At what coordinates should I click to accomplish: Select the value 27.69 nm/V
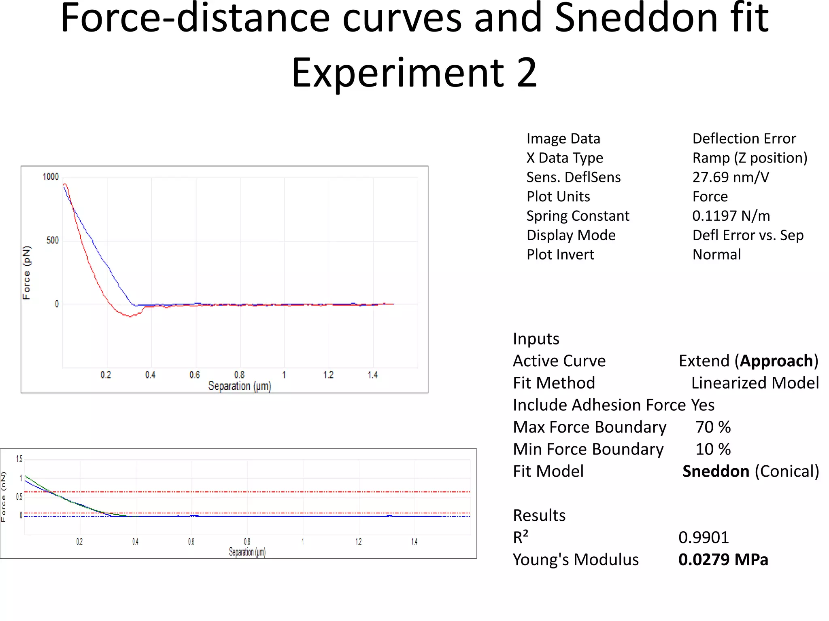730,177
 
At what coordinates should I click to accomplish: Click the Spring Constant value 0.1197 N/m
731,215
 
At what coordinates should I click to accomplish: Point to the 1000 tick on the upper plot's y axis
51,177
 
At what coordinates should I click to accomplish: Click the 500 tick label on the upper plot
53,241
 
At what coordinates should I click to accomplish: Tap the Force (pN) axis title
26,272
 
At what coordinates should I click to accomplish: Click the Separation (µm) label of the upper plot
239,386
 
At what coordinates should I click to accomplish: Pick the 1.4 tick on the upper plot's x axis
372,375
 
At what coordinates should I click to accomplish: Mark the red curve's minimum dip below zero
130,317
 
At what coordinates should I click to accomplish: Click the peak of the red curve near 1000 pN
65,185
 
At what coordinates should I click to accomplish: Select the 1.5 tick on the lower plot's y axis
19,458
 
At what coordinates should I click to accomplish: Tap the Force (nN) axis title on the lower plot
4,497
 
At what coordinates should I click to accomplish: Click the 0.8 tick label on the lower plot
247,541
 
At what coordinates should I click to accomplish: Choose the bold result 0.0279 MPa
723,560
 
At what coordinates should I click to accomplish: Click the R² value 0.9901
704,537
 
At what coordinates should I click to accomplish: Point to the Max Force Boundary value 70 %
713,427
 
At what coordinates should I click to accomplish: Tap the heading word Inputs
536,339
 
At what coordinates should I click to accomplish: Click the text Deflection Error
744,139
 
